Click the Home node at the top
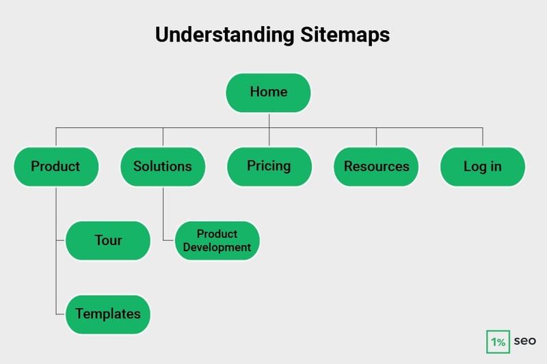pyautogui.click(x=268, y=92)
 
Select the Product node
pyautogui.click(x=56, y=167)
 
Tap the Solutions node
pyautogui.click(x=163, y=167)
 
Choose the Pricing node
pyautogui.click(x=269, y=167)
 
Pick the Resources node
pyautogui.click(x=376, y=167)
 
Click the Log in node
pyautogui.click(x=482, y=167)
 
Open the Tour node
pyautogui.click(x=108, y=240)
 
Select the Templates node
pyautogui.click(x=108, y=314)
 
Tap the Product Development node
pyautogui.click(x=217, y=240)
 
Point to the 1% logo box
pyautogui.click(x=498, y=342)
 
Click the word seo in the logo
pyautogui.click(x=525, y=341)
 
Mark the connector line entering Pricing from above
pyautogui.click(x=269, y=137)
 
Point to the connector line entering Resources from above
pyautogui.click(x=376, y=137)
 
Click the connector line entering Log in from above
pyautogui.click(x=483, y=137)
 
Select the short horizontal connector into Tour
pyautogui.click(x=61, y=240)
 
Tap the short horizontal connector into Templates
pyautogui.click(x=61, y=314)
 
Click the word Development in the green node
pyautogui.click(x=217, y=247)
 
